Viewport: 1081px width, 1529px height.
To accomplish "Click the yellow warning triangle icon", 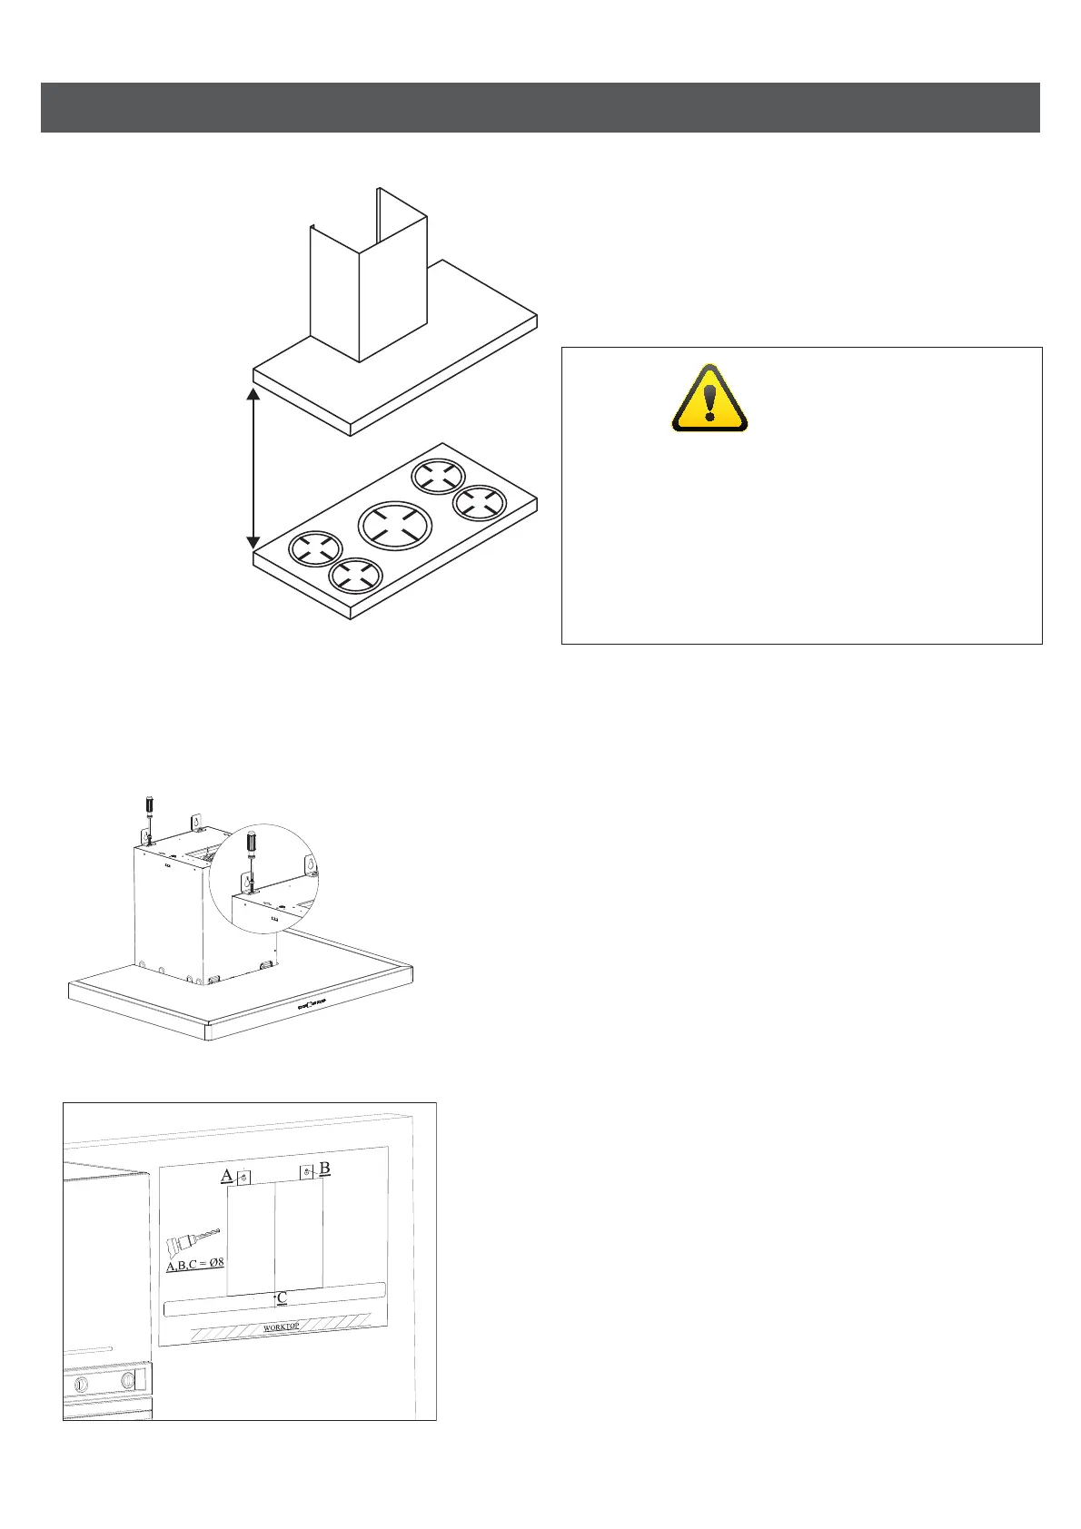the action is point(709,400).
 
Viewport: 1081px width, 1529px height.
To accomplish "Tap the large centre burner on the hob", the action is point(395,524).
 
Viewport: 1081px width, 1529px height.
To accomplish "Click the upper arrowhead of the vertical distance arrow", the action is point(253,395).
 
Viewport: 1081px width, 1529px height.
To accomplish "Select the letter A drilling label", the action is point(226,1176).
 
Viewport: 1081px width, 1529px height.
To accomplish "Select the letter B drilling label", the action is point(324,1168).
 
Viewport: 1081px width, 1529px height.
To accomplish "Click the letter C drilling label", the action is point(283,1298).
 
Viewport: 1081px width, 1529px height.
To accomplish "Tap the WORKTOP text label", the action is point(282,1327).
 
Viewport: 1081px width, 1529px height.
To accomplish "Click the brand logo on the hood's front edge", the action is point(312,1003).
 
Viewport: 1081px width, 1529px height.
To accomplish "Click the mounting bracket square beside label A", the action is point(243,1178).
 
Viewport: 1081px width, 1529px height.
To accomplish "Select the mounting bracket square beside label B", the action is point(307,1171).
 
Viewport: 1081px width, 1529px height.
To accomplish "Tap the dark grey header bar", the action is point(540,107).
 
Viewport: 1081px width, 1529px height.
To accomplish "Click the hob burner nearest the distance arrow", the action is point(315,548).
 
